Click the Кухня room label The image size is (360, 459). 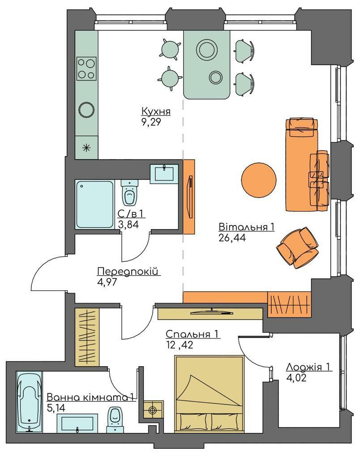click(156, 112)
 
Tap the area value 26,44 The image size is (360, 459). click(232, 238)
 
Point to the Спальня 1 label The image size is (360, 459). click(193, 334)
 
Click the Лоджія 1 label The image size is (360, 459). click(309, 367)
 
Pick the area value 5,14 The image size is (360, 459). click(56, 407)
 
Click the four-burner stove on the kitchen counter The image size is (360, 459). click(86, 69)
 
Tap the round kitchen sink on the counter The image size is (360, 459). click(86, 109)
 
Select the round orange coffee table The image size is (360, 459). click(259, 180)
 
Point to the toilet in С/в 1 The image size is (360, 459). click(129, 193)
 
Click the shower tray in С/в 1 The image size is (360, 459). click(94, 204)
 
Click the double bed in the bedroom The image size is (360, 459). click(210, 394)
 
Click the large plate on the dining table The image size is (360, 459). click(207, 49)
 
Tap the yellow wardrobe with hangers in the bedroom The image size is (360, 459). click(87, 337)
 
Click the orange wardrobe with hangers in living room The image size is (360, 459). click(289, 304)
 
